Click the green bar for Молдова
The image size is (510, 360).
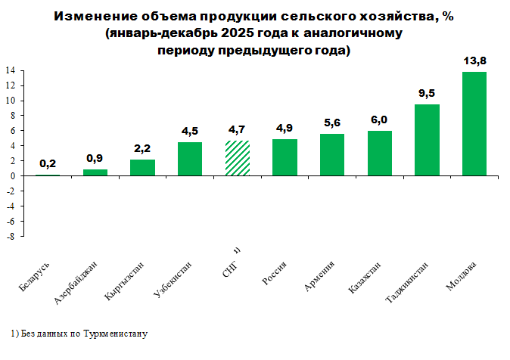pos(474,124)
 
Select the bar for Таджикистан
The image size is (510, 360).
pos(427,140)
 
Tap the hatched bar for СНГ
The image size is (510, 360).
pos(237,158)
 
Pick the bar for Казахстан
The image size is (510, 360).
pos(380,154)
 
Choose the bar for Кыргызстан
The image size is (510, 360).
pos(142,168)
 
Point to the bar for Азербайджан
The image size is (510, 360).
pos(95,172)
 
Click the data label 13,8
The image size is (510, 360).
pos(474,60)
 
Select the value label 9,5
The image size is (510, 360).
pos(427,93)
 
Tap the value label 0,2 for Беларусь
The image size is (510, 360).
pos(48,163)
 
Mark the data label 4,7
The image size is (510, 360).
pos(237,129)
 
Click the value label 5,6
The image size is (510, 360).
pos(332,123)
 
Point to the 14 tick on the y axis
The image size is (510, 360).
pos(11,71)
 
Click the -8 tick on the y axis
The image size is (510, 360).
pos(11,237)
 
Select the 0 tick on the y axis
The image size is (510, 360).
pos(14,176)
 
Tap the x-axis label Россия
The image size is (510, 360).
pos(274,275)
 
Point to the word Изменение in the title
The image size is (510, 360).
pos(90,17)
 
